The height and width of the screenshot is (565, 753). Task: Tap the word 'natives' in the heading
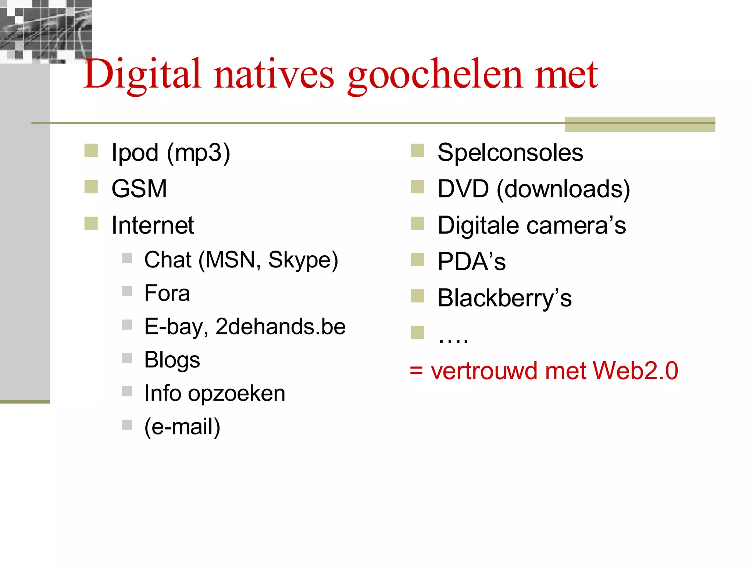coord(274,75)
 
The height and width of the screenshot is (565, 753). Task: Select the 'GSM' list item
coord(139,189)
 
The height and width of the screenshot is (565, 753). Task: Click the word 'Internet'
coord(153,225)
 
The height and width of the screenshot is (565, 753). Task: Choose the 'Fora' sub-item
coord(167,293)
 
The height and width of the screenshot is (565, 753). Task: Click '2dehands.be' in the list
coord(281,327)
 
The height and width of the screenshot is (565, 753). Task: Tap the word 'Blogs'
coord(172,360)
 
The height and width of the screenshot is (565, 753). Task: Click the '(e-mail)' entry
coord(182,427)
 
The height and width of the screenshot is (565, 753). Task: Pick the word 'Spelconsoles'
coord(510,152)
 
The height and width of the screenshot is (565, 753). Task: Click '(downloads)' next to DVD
coord(563,189)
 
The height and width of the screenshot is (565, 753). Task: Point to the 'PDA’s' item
coord(471,262)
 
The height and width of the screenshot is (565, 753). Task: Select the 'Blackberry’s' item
coord(504,298)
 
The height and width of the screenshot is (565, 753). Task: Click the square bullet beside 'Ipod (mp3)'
coord(91,150)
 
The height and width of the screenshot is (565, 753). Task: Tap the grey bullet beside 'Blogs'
coord(127,358)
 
